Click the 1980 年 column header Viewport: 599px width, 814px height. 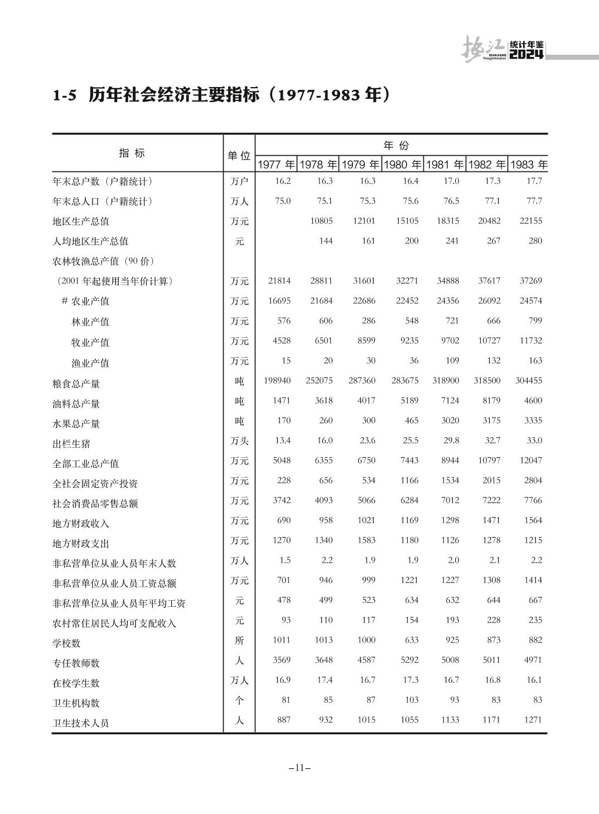403,165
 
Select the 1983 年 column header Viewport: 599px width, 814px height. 529,165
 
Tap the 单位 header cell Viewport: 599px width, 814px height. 239,156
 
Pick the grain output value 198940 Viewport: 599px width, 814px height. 277,380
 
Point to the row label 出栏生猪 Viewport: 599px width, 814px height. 71,444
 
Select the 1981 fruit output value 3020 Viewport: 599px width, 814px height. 450,420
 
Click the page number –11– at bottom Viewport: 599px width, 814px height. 299,768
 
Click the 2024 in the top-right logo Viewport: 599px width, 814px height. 526,55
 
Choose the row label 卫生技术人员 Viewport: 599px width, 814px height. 81,723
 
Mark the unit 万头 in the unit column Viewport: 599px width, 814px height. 239,441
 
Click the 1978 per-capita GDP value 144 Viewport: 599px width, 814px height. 326,241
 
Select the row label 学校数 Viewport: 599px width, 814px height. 67,643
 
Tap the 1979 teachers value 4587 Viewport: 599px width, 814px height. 366,660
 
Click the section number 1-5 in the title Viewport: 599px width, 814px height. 64,95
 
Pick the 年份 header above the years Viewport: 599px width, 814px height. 397,146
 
